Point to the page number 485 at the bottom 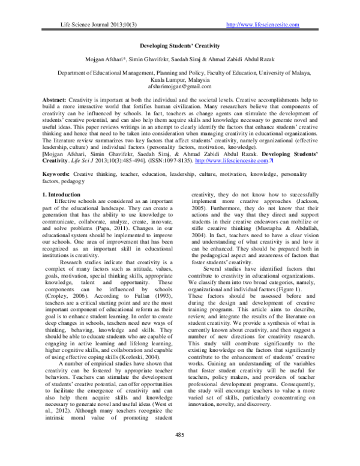pyautogui.click(x=179, y=452)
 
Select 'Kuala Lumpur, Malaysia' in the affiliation pyautogui.click(x=179, y=78)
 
